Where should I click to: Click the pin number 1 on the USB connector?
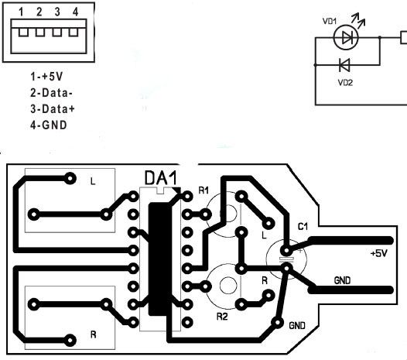pyautogui.click(x=21, y=12)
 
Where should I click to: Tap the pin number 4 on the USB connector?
pyautogui.click(x=75, y=12)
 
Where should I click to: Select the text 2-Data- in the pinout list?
pyautogui.click(x=51, y=93)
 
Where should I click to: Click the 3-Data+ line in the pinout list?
pyautogui.click(x=53, y=109)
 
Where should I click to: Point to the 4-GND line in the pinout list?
pyautogui.click(x=49, y=125)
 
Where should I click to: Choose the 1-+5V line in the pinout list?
pyautogui.click(x=46, y=77)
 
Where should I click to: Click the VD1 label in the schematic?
pyautogui.click(x=330, y=21)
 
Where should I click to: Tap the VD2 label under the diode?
pyautogui.click(x=345, y=83)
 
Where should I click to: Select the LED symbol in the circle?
pyautogui.click(x=346, y=38)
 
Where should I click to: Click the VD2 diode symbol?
pyautogui.click(x=344, y=65)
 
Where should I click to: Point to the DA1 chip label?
pyautogui.click(x=161, y=178)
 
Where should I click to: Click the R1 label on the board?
pyautogui.click(x=203, y=190)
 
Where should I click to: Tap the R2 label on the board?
pyautogui.click(x=222, y=317)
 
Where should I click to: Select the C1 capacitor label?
pyautogui.click(x=303, y=227)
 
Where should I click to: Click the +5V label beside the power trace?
pyautogui.click(x=379, y=253)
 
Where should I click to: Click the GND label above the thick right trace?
pyautogui.click(x=342, y=280)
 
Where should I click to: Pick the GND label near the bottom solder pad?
pyautogui.click(x=297, y=325)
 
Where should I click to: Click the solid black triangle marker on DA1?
pyautogui.click(x=177, y=190)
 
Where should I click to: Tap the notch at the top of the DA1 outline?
pyautogui.click(x=161, y=190)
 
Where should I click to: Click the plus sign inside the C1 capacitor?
pyautogui.click(x=300, y=251)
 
